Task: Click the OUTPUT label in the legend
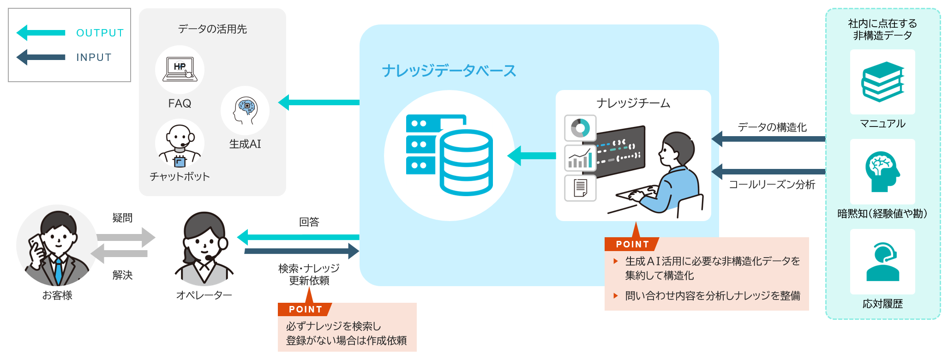(x=100, y=33)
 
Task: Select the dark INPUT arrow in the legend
(x=41, y=57)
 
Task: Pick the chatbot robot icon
(x=180, y=144)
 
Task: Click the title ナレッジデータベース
(x=449, y=71)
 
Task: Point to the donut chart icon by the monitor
(x=580, y=128)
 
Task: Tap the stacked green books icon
(x=882, y=82)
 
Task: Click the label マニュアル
(x=882, y=124)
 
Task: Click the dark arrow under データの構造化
(x=768, y=139)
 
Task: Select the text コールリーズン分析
(x=772, y=185)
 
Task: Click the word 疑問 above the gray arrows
(x=122, y=218)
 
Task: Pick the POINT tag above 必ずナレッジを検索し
(x=305, y=309)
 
